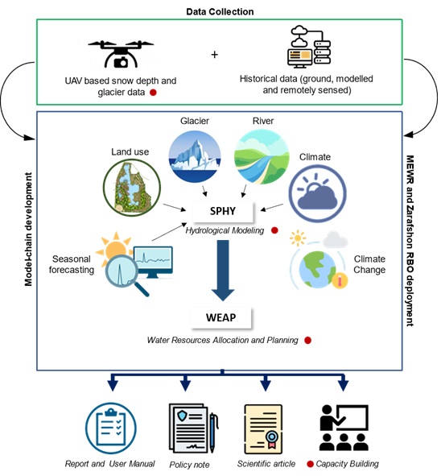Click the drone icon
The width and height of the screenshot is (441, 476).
pyautogui.click(x=121, y=54)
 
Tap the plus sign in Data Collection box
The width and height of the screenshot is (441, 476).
pyautogui.click(x=214, y=55)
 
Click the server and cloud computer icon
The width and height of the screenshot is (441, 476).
pyautogui.click(x=309, y=47)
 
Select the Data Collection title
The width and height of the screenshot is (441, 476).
pyautogui.click(x=220, y=11)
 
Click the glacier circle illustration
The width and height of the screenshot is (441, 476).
pyautogui.click(x=195, y=156)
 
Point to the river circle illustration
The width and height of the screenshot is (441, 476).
pyautogui.click(x=262, y=156)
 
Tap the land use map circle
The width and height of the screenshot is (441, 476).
pyautogui.click(x=132, y=187)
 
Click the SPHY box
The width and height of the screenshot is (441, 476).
pyautogui.click(x=223, y=211)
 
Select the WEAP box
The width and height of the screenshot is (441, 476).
pyautogui.click(x=221, y=317)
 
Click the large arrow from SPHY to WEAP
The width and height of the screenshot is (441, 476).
pyautogui.click(x=223, y=271)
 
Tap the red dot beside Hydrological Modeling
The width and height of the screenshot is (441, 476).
pyautogui.click(x=274, y=230)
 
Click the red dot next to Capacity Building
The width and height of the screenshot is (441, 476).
pyautogui.click(x=310, y=464)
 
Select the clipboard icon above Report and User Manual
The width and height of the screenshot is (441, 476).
pyautogui.click(x=111, y=428)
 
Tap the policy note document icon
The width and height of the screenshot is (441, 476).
pyautogui.click(x=193, y=428)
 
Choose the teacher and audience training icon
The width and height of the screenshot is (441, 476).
pyautogui.click(x=344, y=428)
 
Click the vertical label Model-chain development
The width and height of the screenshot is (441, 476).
pyautogui.click(x=28, y=230)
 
